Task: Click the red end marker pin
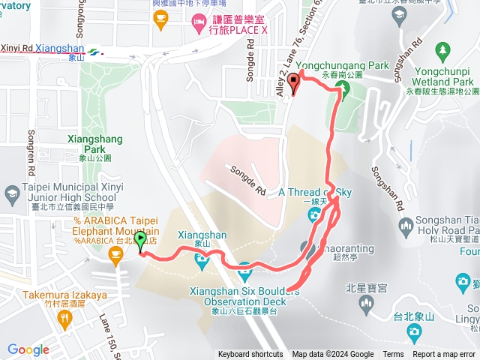coord(294,82)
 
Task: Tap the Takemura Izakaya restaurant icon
coord(67,319)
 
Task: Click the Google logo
coord(28,349)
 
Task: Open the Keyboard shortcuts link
coord(250,355)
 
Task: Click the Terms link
coord(393,355)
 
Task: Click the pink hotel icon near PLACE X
coord(198,22)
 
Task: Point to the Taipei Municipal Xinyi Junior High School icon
coord(13,195)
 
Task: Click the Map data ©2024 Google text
coord(333,355)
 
